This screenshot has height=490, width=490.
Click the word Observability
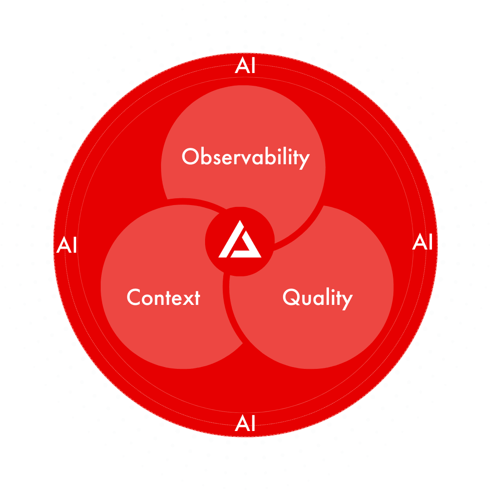tap(245, 157)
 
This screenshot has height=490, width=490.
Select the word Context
tap(163, 298)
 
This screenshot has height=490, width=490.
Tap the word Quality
tap(317, 298)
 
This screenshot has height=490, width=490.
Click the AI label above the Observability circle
tap(245, 67)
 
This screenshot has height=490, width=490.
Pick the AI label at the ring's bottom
tap(245, 424)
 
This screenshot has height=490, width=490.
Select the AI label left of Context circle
tap(67, 245)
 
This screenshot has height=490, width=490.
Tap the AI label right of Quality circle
tap(422, 242)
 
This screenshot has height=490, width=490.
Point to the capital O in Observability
tap(190, 157)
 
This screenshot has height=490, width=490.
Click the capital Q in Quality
tap(291, 298)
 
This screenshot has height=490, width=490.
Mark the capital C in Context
tap(134, 298)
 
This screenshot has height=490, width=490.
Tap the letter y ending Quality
tap(347, 300)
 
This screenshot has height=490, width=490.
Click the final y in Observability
tap(304, 160)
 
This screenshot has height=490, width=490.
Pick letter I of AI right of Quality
tap(429, 242)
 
